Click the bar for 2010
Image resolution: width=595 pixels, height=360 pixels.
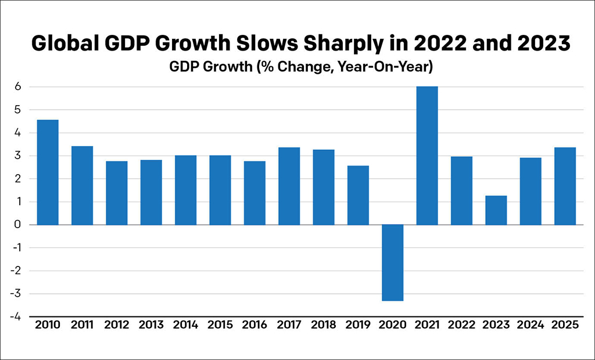tap(48, 172)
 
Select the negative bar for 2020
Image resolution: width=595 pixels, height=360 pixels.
tap(392, 262)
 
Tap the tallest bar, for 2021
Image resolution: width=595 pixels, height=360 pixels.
tap(427, 156)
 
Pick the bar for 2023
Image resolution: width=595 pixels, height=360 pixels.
tap(496, 210)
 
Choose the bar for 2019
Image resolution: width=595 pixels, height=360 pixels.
tap(358, 195)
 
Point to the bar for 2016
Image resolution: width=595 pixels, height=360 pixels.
tap(255, 193)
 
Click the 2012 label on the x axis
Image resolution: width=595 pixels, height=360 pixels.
tap(116, 326)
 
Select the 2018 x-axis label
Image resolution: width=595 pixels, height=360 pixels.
tap(323, 326)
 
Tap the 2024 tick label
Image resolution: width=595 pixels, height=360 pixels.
tap(531, 326)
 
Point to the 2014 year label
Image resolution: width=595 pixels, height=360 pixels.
tap(185, 326)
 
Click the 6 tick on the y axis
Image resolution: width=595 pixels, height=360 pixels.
tap(18, 87)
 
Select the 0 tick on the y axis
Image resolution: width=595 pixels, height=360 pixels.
tap(18, 225)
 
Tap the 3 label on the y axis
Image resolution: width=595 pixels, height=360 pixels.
tap(18, 156)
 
